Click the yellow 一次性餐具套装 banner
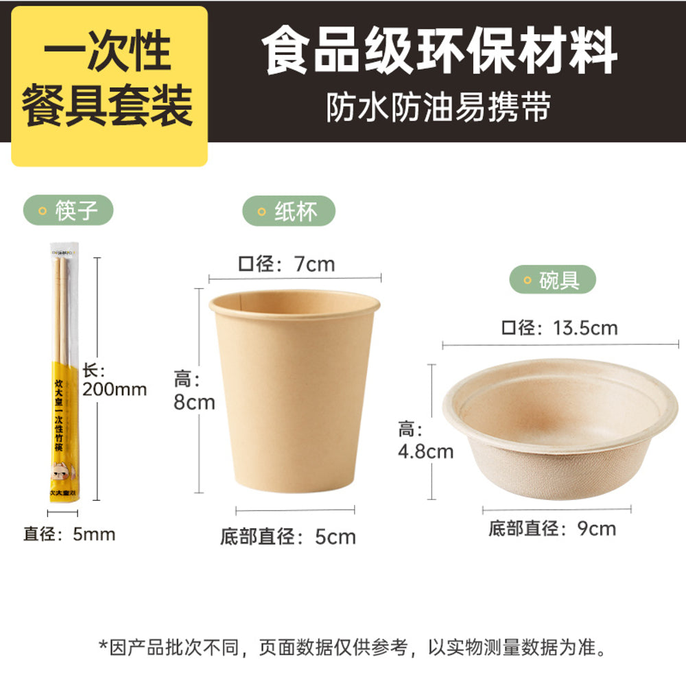pos(108,86)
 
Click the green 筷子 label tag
pos(68,211)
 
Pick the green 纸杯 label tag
pos(289,211)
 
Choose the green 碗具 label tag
pos(552,280)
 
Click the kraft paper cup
pos(295,391)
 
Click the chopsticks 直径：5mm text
pos(69,534)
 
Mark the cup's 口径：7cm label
pos(286,263)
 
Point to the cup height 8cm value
pos(194,402)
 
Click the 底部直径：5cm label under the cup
pos(288,536)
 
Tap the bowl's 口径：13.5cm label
pos(559,328)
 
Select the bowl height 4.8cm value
pos(425,451)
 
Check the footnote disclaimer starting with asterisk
pos(353,647)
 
